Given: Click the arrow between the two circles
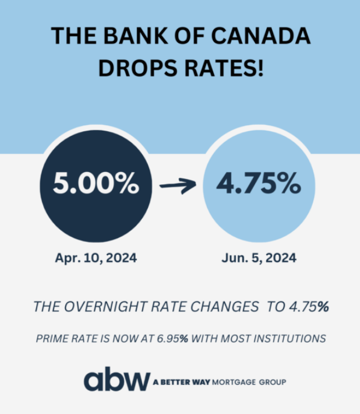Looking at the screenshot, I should [178, 186].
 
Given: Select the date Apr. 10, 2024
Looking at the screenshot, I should [97, 258].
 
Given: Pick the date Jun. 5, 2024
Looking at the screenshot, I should [259, 258].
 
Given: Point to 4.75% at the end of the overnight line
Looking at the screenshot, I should [306, 306].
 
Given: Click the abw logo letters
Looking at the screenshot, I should [117, 381].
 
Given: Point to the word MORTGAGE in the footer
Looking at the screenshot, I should [235, 383].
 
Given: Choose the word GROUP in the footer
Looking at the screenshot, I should [272, 383].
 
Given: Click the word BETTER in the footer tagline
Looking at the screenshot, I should [177, 383].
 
